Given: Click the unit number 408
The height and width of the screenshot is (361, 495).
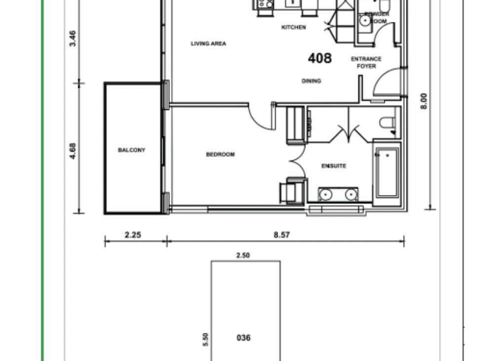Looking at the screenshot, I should coord(320,59).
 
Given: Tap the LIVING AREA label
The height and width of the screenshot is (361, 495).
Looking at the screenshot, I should coord(208,44).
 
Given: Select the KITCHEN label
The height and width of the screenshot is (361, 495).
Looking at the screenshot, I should coord(294,28).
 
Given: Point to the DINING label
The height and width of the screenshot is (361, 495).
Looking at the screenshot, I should coord(311,81).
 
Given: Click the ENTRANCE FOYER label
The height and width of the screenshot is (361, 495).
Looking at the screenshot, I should coord(366,63).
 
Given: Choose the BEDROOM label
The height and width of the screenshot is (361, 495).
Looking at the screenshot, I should coord(220,154).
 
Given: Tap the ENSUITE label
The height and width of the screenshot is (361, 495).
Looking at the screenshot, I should coord(334,166).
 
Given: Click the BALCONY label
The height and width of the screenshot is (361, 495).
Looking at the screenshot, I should coord(131,150).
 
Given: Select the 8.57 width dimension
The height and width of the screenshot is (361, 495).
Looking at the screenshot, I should coord(282,235).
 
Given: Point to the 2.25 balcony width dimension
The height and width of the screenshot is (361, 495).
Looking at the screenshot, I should coord(132,235).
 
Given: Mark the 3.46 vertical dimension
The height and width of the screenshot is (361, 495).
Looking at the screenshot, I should coord(73,39).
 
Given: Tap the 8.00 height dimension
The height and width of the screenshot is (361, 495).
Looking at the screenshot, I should coord(423,101).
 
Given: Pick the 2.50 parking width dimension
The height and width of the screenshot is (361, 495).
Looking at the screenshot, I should coord(243,256).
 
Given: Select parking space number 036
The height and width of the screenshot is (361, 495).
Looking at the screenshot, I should coord(244,338).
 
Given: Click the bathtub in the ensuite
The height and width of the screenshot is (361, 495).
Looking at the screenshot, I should coord(387,173).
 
